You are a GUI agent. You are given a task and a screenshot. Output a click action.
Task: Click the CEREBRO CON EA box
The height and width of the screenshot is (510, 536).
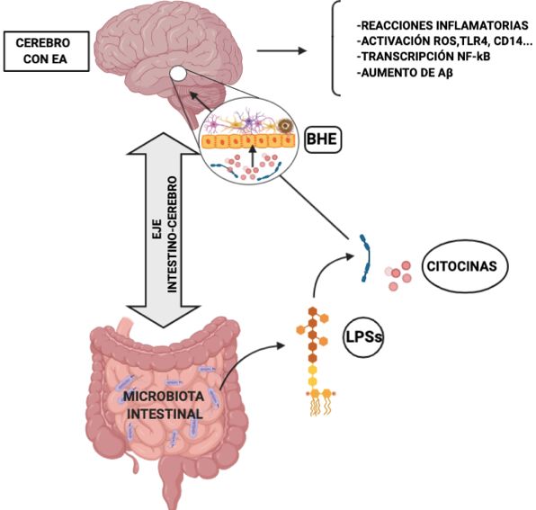(x=47, y=51)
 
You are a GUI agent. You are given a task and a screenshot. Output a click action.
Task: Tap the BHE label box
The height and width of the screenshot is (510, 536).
(x=323, y=139)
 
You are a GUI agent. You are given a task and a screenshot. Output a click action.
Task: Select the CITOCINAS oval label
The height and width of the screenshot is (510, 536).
(x=462, y=266)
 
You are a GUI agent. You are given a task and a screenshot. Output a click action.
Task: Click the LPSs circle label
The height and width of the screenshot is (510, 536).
(x=363, y=337)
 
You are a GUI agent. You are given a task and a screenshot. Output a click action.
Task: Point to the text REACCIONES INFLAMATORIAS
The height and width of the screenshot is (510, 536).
(x=442, y=25)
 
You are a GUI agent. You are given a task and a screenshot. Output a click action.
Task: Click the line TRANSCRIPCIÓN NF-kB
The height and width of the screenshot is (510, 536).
(x=424, y=57)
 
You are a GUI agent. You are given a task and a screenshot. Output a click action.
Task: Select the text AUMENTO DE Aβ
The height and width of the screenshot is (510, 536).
(x=405, y=73)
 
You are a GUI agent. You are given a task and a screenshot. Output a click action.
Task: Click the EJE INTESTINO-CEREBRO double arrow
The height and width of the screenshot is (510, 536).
(x=164, y=230)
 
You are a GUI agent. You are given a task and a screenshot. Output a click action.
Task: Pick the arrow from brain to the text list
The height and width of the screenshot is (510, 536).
(x=282, y=51)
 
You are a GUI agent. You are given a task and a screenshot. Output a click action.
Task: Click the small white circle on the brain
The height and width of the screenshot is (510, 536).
(x=178, y=73)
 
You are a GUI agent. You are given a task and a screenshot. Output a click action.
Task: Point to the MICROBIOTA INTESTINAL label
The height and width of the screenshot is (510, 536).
(x=164, y=405)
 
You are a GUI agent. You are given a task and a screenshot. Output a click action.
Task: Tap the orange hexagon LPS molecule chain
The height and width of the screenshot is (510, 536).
(x=314, y=361)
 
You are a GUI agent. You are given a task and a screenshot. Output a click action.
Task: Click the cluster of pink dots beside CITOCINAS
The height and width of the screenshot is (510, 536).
(x=398, y=276)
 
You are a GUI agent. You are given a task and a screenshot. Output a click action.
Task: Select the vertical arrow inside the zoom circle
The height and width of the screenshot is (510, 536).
(x=253, y=157)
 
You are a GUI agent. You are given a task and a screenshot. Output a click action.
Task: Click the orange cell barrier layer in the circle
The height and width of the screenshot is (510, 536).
(x=248, y=141)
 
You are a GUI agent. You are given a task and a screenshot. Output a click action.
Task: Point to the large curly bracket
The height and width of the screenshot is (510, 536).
(x=336, y=48)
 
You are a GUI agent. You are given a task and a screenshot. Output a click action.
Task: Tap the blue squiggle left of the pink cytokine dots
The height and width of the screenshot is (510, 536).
(x=366, y=258)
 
